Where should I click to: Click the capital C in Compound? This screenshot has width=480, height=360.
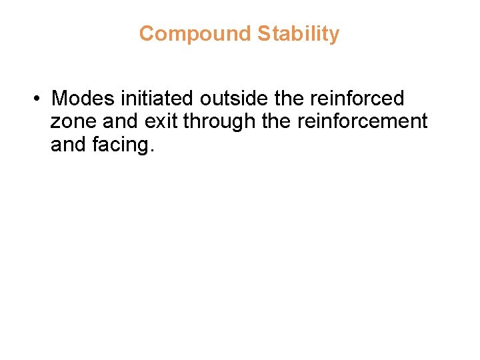tap(147, 34)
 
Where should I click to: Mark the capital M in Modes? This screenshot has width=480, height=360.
tap(60, 99)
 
